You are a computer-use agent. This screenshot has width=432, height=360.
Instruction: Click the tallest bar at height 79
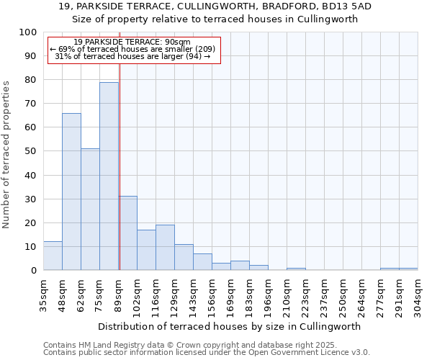pyautogui.click(x=109, y=176)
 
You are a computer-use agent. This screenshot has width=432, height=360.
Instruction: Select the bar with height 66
pyautogui.click(x=71, y=192)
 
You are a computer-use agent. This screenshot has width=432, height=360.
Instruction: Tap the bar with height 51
pyautogui.click(x=90, y=210)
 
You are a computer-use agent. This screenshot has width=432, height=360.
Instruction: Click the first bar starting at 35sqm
pyautogui.click(x=53, y=256)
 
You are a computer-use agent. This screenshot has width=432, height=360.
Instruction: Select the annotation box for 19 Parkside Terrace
pyautogui.click(x=133, y=50)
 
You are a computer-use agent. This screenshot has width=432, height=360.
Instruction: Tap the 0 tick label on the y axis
pyautogui.click(x=33, y=271)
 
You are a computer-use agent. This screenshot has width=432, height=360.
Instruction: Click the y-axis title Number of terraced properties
pyautogui.click(x=6, y=155)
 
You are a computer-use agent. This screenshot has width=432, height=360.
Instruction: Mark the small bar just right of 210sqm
pyautogui.click(x=296, y=269)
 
